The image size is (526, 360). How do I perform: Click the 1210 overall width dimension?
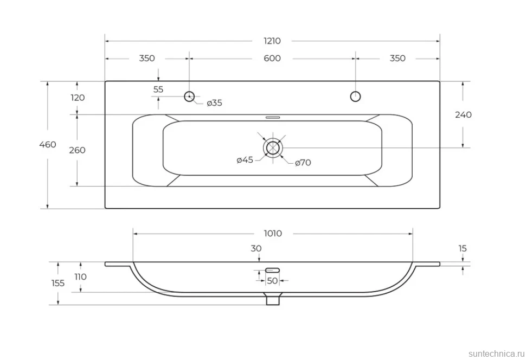pyautogui.click(x=272, y=41)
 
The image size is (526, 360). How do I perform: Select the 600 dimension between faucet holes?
pyautogui.click(x=272, y=59)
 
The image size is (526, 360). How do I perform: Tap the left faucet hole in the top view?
pyautogui.click(x=189, y=97)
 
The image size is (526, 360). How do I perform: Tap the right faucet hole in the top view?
pyautogui.click(x=355, y=97)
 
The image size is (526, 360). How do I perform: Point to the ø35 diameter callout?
pyautogui.click(x=214, y=103)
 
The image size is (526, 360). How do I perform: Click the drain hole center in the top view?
pyautogui.click(x=273, y=147)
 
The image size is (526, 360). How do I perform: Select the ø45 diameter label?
pyautogui.click(x=245, y=160)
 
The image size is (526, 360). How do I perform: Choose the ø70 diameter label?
pyautogui.click(x=303, y=163)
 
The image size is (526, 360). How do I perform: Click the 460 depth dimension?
pyautogui.click(x=48, y=145)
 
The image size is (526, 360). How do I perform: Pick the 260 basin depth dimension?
pyautogui.click(x=77, y=150)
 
